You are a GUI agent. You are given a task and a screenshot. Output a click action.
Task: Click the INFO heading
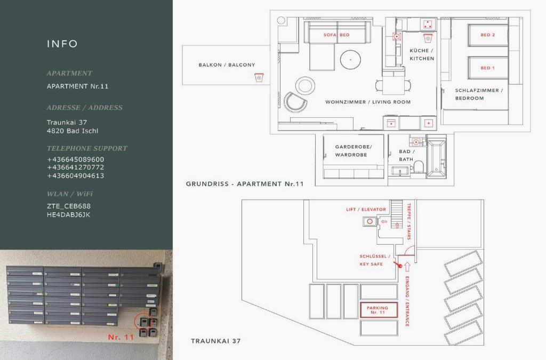coord(62,44)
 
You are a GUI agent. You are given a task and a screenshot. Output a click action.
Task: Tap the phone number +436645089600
coord(76,159)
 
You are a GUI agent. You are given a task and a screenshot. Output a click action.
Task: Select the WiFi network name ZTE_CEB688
coord(69,206)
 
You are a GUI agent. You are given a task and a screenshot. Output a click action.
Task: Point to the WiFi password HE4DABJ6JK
coord(69,214)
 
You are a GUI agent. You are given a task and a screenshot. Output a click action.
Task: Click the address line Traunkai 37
coord(67,122)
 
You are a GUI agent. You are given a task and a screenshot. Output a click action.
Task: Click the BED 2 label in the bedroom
coord(487,35)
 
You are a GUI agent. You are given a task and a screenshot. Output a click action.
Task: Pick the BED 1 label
coord(487,68)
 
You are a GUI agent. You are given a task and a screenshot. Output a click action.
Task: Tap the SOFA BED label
coord(336,35)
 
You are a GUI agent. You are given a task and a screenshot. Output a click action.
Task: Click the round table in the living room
coord(350,60)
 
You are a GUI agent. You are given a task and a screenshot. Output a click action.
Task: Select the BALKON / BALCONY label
coord(227,65)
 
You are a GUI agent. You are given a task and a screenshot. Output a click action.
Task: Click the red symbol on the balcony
coord(259,77)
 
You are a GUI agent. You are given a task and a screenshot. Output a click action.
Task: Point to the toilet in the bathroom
coord(418,166)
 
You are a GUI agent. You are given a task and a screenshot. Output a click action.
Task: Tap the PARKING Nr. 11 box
coord(379,310)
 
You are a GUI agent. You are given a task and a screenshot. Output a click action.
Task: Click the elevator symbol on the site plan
coord(370,221)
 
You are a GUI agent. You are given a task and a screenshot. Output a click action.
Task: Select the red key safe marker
coord(398,265)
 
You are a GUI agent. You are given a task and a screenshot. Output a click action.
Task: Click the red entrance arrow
coord(407,267)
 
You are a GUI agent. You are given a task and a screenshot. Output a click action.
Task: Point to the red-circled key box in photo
coord(142,321)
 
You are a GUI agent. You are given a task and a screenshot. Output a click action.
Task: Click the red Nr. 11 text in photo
coord(121,337)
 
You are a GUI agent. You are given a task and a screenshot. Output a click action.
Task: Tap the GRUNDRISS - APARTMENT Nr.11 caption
coord(244,184)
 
